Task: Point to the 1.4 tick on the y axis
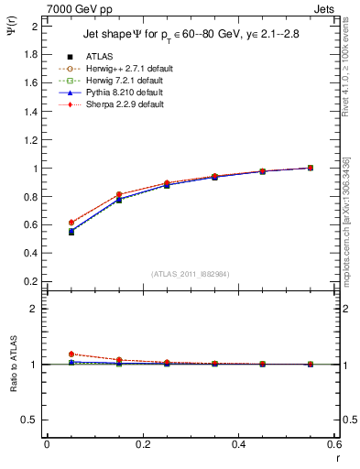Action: click(29, 112)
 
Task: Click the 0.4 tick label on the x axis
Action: click(238, 444)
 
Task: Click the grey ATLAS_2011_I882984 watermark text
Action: click(191, 274)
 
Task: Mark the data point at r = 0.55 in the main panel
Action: click(311, 168)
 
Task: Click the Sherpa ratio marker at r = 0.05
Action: click(71, 354)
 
